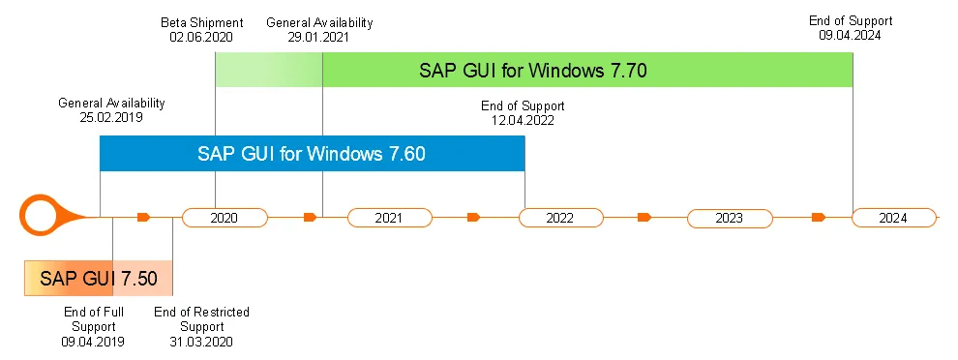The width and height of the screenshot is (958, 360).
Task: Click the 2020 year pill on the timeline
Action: [224, 218]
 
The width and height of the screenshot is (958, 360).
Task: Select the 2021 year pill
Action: [388, 218]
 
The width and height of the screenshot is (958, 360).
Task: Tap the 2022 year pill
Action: [559, 218]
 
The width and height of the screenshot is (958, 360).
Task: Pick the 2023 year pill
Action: [729, 218]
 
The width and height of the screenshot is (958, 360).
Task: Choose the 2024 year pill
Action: [893, 218]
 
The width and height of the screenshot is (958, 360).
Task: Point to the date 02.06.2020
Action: [201, 37]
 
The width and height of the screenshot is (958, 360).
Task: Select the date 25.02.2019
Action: [111, 117]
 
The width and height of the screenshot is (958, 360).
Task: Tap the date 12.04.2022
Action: [523, 121]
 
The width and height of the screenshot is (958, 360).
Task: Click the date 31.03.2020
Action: [201, 342]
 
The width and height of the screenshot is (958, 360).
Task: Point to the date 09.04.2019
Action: [93, 342]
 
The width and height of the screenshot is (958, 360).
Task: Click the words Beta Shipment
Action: [201, 21]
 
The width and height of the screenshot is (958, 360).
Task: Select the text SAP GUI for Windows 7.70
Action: [532, 70]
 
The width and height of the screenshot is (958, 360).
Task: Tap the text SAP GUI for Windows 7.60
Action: [312, 153]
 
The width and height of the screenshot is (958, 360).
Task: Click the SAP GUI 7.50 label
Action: [98, 279]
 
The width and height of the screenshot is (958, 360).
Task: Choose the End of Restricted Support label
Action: [201, 319]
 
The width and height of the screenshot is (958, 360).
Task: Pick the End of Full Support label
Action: [93, 319]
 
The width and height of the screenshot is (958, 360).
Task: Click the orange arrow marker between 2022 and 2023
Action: [644, 218]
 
